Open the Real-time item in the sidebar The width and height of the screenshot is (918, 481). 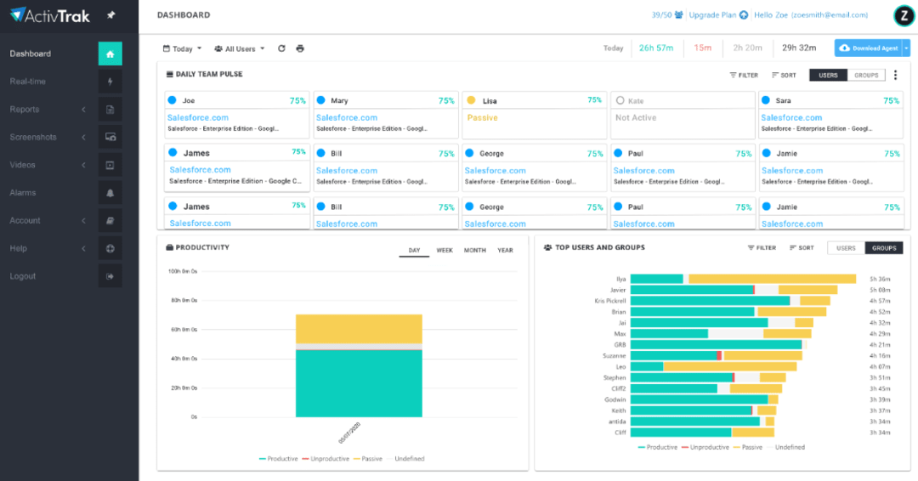click(28, 82)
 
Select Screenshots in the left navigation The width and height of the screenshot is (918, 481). click(33, 138)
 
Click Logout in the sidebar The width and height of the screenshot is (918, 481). click(23, 276)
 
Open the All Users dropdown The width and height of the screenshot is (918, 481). click(240, 48)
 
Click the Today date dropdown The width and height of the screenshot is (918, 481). click(182, 48)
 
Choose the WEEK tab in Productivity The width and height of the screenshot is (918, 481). click(445, 251)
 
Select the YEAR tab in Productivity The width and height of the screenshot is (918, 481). click(505, 251)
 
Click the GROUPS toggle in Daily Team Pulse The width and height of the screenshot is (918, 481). click(866, 75)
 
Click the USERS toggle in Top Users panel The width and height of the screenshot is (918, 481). click(846, 248)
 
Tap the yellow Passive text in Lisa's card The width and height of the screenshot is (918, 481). click(482, 118)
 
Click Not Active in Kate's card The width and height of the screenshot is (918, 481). click(635, 118)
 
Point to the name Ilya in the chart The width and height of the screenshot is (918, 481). click(620, 279)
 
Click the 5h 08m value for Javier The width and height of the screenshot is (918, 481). click(879, 290)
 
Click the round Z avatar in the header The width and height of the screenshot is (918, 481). click(903, 15)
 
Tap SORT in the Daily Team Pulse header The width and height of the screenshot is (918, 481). click(784, 75)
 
